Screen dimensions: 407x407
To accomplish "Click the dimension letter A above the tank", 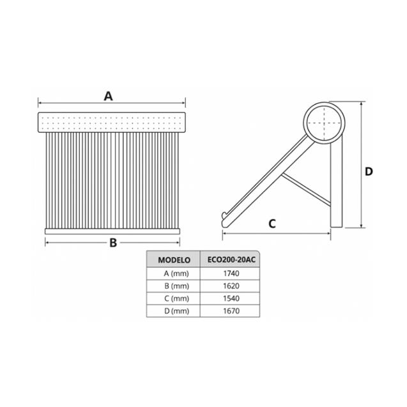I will (109, 96).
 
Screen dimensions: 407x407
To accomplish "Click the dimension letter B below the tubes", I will (112, 243).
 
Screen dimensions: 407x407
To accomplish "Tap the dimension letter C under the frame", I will (272, 224).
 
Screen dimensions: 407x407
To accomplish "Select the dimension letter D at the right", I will (369, 171).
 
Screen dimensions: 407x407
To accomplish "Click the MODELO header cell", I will (174, 260).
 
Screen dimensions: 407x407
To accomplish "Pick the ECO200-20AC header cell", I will (231, 260).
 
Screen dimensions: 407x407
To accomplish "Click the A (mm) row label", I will (174, 273).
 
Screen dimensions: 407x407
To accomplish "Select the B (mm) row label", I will (174, 286).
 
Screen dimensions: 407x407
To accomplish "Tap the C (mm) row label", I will (174, 298).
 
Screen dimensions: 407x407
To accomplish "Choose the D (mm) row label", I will (174, 311).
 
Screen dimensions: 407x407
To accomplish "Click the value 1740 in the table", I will (231, 273).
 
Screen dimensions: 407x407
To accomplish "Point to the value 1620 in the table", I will (231, 286).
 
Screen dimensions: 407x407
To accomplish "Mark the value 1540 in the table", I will (231, 298).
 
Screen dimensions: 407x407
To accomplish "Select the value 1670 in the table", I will (231, 311).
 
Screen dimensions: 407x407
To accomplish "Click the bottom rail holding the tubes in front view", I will (112, 230).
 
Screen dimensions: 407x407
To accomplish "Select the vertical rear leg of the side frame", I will (336, 192).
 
